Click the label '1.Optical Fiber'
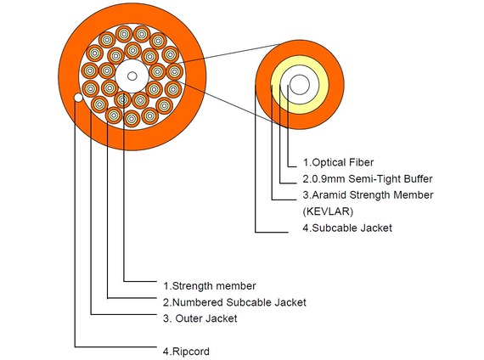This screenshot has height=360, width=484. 338,162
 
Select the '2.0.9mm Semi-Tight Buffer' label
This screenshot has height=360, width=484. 368,179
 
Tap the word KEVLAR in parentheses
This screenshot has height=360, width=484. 328,211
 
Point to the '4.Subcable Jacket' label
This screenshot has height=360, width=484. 347,228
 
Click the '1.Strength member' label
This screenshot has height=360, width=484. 210,286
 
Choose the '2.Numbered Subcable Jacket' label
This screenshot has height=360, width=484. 234,302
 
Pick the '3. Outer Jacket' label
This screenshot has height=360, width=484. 200,318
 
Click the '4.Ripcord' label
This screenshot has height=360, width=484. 186,352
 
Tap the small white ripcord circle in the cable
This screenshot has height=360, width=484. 78,98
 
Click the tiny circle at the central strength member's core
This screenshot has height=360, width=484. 132,76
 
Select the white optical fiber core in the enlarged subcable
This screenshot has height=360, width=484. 300,84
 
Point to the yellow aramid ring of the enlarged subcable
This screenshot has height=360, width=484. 300,61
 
